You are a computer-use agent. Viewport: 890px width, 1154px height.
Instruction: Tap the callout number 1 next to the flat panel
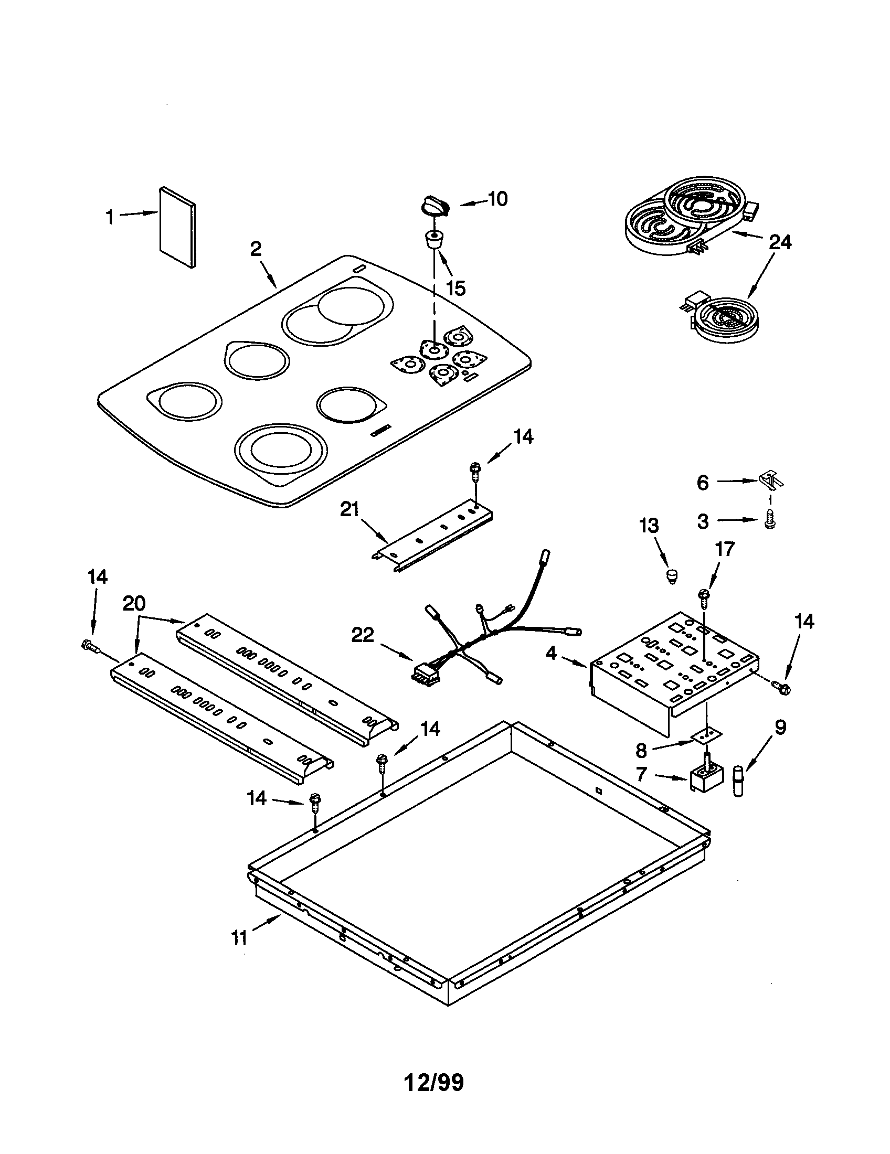(110, 217)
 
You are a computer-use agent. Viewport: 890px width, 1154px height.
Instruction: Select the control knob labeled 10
(435, 206)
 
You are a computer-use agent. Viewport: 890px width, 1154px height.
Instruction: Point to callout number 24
(780, 242)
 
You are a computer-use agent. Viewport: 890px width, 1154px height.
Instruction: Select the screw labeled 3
(769, 522)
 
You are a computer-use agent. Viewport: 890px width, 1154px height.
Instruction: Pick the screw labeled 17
(704, 596)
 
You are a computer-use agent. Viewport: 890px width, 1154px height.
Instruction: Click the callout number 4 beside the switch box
(551, 653)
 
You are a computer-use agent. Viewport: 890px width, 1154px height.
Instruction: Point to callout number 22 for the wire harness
(363, 635)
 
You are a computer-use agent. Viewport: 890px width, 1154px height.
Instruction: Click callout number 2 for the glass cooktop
(256, 249)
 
